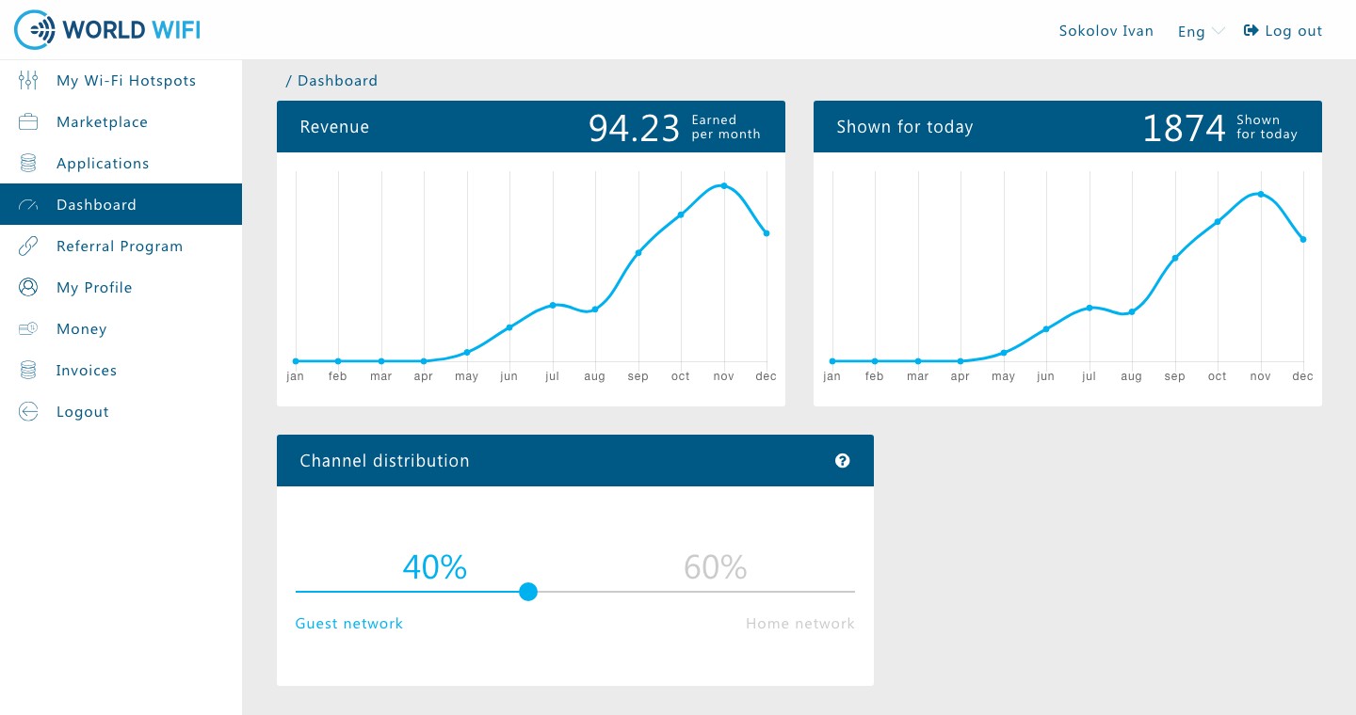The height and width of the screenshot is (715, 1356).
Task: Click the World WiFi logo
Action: click(107, 30)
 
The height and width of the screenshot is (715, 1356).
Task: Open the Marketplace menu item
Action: click(102, 122)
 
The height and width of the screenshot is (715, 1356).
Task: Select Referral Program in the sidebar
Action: click(120, 246)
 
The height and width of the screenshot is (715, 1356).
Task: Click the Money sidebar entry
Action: click(81, 329)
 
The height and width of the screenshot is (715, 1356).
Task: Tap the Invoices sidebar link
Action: click(86, 371)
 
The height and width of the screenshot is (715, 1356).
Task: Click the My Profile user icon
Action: click(28, 287)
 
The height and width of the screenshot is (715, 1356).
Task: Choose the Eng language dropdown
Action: click(1201, 31)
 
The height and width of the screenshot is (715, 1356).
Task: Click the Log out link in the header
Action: click(1283, 31)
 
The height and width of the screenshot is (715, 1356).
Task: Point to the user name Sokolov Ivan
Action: click(1106, 31)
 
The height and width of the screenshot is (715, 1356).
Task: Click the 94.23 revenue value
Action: click(634, 128)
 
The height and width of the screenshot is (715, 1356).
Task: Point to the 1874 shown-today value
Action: click(1184, 128)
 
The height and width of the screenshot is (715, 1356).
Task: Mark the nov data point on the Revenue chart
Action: click(724, 185)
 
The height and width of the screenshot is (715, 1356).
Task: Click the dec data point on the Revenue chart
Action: click(767, 233)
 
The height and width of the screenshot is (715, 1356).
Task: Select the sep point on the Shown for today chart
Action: click(1175, 259)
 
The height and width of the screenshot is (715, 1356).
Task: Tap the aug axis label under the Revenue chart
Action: click(594, 376)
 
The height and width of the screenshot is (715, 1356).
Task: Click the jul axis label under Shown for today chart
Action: click(1089, 375)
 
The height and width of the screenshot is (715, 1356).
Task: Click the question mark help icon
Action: click(842, 461)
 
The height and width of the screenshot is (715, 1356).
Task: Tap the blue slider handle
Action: click(528, 592)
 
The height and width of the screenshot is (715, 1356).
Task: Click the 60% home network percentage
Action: click(715, 566)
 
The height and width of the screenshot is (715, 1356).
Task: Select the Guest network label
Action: click(348, 624)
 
